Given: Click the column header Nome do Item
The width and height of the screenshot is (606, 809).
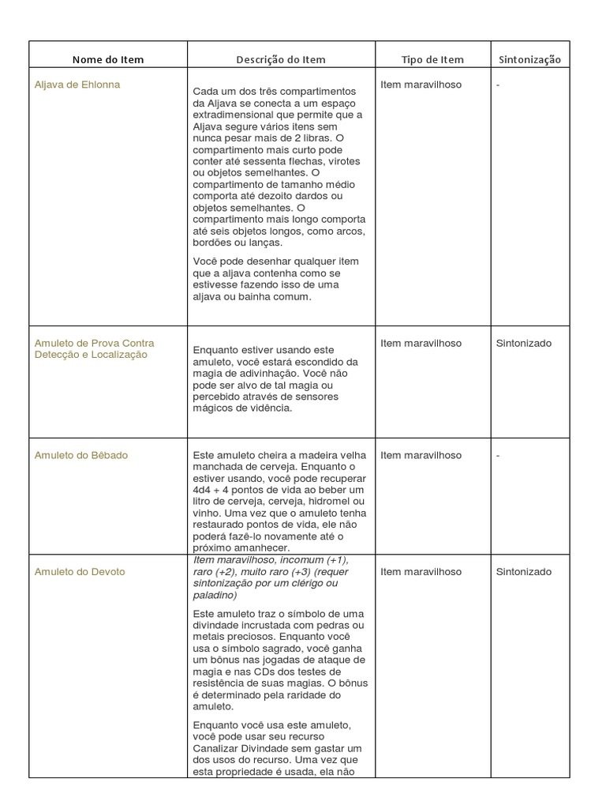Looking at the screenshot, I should coord(108,59).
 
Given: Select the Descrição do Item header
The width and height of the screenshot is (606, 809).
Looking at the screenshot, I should coord(281,59).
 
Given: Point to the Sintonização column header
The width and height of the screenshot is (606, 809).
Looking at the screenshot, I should coord(529,59).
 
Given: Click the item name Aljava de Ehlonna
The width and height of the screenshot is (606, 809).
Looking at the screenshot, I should coord(77,85).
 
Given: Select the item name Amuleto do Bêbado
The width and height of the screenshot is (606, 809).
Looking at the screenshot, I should coord(81,455).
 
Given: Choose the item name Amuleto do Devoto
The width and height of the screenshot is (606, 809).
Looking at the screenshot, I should coord(80,571).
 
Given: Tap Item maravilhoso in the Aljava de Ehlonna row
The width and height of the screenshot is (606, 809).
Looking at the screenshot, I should coord(421,85).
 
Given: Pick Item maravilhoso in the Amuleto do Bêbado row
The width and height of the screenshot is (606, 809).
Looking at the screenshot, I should coord(421,455).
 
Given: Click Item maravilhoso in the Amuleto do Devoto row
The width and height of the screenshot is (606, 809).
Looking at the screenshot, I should coord(421,571).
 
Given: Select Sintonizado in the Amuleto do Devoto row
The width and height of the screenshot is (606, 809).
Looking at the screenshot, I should coord(524,571).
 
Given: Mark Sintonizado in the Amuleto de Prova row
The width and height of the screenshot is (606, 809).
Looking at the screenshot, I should coord(524,343).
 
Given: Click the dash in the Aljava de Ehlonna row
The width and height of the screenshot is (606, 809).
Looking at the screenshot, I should coord(499,85).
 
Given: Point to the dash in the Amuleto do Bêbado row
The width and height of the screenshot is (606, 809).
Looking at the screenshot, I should coord(499,455).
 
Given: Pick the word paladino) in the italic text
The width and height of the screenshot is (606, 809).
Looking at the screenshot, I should coord(212,595).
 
